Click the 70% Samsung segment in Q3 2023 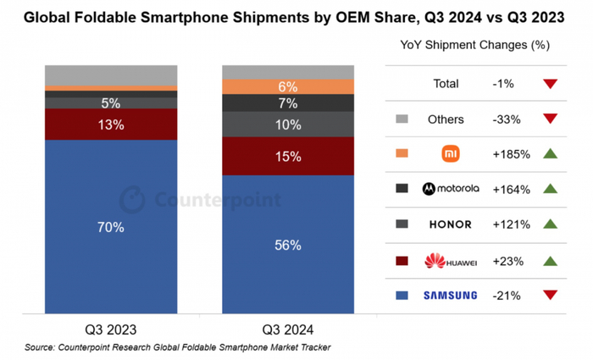pyautogui.click(x=110, y=227)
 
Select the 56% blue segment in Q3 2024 pyautogui.click(x=287, y=245)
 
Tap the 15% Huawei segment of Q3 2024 pyautogui.click(x=287, y=156)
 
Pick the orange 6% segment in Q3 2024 pyautogui.click(x=287, y=86)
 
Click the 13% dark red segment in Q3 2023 pyautogui.click(x=110, y=124)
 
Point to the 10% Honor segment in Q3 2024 pyautogui.click(x=287, y=125)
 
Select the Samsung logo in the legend pyautogui.click(x=450, y=295)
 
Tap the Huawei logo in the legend pyautogui.click(x=450, y=260)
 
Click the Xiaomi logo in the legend pyautogui.click(x=450, y=153)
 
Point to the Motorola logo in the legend pyautogui.click(x=450, y=189)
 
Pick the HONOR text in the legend pyautogui.click(x=450, y=224)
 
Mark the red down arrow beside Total pyautogui.click(x=550, y=84)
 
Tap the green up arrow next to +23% pyautogui.click(x=550, y=260)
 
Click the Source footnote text pyautogui.click(x=177, y=347)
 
